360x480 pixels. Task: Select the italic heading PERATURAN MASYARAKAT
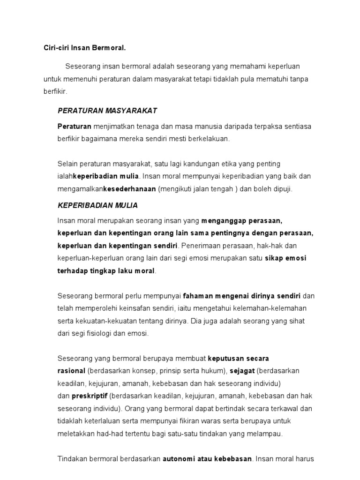tap(107, 111)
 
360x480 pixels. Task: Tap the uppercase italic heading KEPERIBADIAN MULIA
tap(97, 205)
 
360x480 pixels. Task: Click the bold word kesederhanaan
tap(129, 189)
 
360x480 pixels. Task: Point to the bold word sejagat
tap(241, 371)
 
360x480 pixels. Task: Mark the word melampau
tap(267, 434)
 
